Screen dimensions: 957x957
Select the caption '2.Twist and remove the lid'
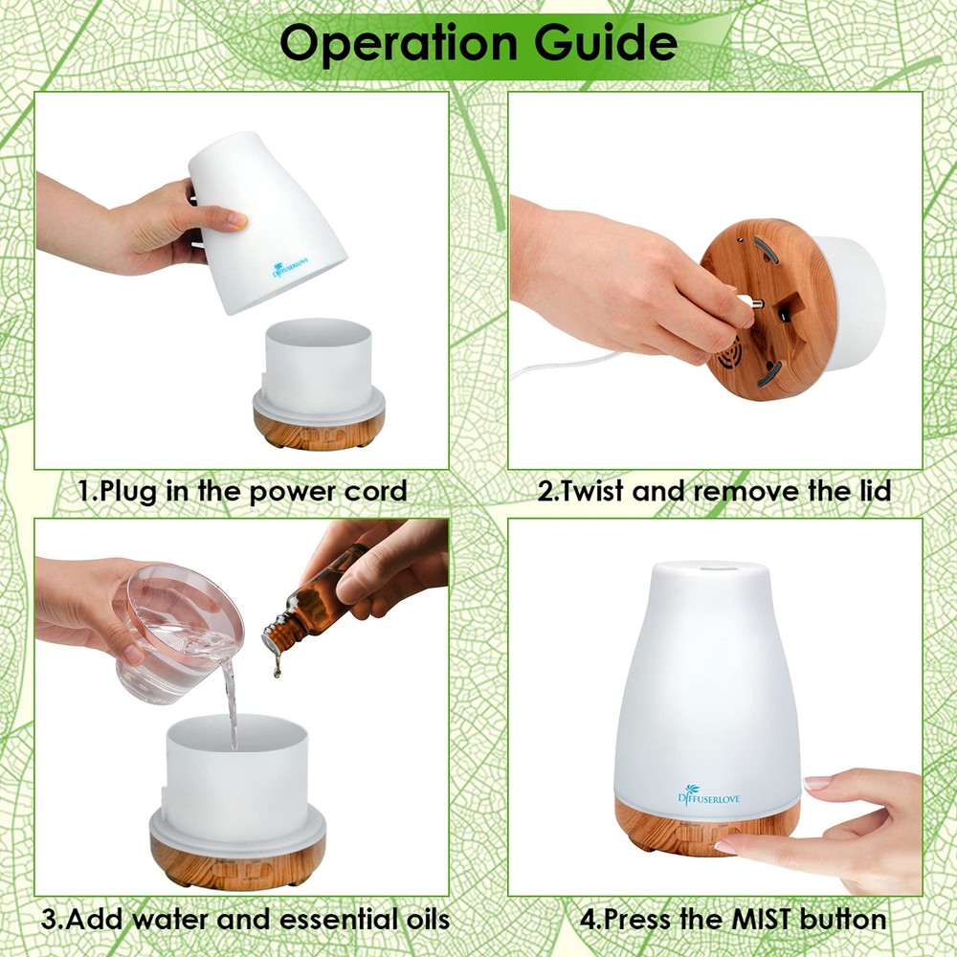pos(714,492)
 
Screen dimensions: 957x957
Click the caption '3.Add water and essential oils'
pos(245,920)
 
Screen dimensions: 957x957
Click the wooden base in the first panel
pos(318,427)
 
